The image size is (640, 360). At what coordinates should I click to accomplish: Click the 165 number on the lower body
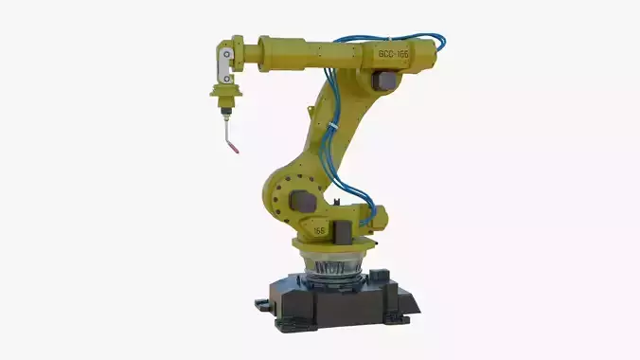point(320,229)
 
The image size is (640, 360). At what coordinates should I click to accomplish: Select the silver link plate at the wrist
point(222,66)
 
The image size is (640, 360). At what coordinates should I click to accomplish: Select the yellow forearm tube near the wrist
point(284,55)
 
